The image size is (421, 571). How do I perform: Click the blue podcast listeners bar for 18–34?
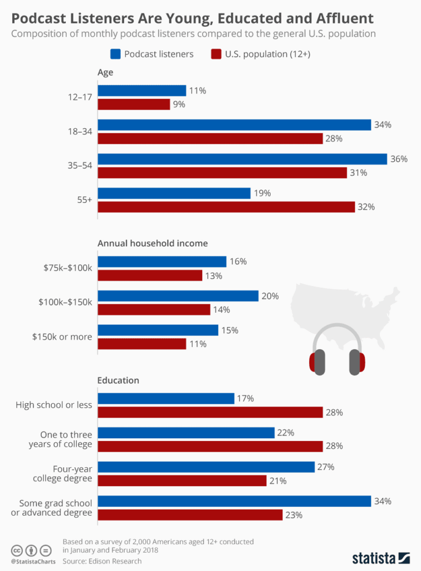click(x=234, y=125)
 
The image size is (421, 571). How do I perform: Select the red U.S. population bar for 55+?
click(x=226, y=207)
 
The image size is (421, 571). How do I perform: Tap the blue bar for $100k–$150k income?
click(x=178, y=296)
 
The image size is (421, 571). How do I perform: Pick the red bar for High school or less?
click(x=210, y=412)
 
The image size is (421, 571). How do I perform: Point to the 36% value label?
click(x=399, y=159)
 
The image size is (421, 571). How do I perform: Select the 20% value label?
click(x=270, y=296)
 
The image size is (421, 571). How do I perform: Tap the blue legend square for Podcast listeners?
click(x=116, y=54)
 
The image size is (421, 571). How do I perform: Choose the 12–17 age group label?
click(x=80, y=98)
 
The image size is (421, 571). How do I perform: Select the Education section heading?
click(x=118, y=380)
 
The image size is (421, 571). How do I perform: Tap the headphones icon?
click(x=337, y=351)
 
